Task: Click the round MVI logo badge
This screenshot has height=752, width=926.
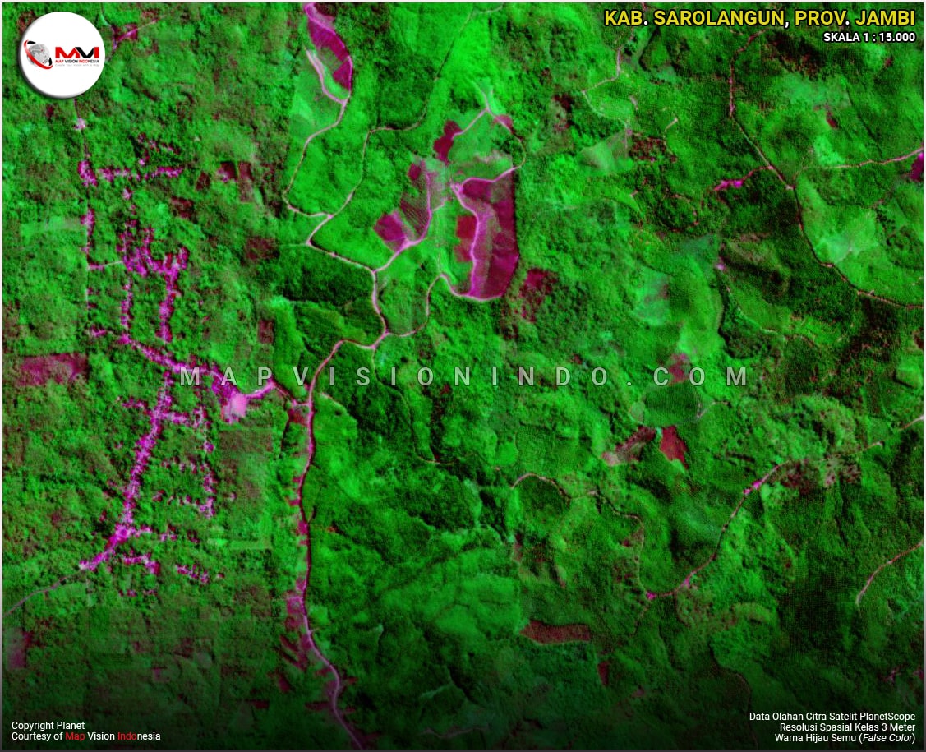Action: (x=62, y=55)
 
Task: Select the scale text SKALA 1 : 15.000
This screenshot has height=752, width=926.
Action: (x=869, y=37)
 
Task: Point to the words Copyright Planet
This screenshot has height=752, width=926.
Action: (x=48, y=726)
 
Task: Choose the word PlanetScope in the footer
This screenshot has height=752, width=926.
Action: (x=886, y=717)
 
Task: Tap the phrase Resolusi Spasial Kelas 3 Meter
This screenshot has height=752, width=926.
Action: (x=847, y=727)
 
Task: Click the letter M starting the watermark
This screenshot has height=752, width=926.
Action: (x=190, y=376)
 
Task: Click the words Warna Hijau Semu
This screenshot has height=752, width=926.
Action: (x=813, y=738)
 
